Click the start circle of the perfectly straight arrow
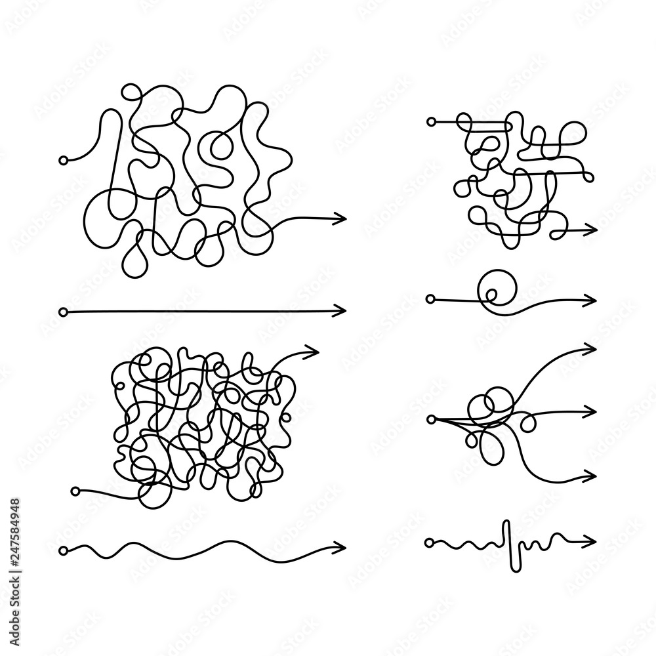click(63, 310)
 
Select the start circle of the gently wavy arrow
click(63, 548)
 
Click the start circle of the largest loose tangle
click(63, 160)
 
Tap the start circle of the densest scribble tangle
click(75, 491)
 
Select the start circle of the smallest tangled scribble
click(430, 121)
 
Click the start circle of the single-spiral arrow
click(430, 299)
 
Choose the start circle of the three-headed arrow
click(432, 418)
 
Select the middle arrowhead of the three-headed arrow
click(592, 411)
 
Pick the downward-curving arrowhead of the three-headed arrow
click(592, 474)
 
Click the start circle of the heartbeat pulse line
click(429, 543)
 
